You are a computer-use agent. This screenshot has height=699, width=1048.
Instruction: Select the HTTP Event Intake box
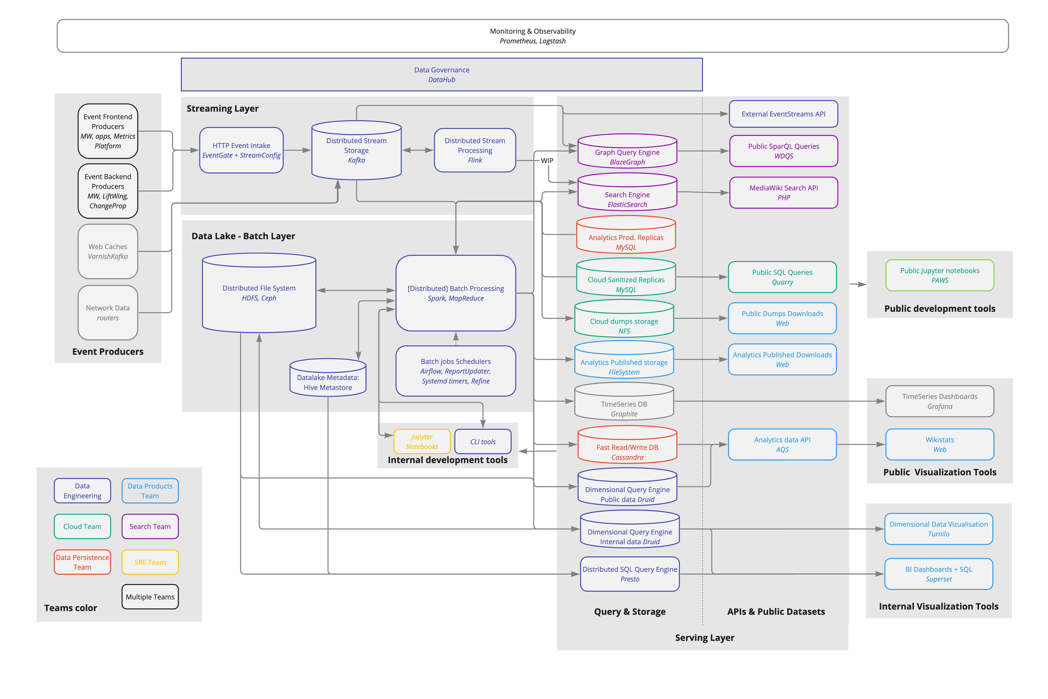click(x=241, y=150)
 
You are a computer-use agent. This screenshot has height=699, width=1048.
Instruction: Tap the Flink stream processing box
click(x=475, y=150)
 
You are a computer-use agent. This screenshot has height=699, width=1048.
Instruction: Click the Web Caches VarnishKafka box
click(x=108, y=251)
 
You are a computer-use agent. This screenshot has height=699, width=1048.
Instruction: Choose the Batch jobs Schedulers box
click(x=456, y=371)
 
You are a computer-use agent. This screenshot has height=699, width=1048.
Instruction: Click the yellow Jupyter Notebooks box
click(x=422, y=441)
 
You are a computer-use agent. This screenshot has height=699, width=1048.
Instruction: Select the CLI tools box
click(x=483, y=441)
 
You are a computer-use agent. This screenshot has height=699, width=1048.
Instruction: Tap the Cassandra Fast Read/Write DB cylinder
click(x=628, y=444)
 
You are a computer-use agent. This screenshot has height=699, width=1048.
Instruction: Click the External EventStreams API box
click(x=784, y=114)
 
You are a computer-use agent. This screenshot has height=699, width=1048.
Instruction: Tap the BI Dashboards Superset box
click(x=939, y=574)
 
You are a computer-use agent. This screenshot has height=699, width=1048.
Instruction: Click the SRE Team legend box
click(x=150, y=562)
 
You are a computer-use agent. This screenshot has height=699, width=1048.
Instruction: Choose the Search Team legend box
click(x=150, y=526)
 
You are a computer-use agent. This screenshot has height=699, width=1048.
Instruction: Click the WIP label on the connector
click(x=547, y=160)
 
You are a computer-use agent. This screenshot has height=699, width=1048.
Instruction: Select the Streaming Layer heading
click(x=223, y=108)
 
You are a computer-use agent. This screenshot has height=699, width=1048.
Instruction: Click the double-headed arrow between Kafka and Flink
click(x=418, y=150)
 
